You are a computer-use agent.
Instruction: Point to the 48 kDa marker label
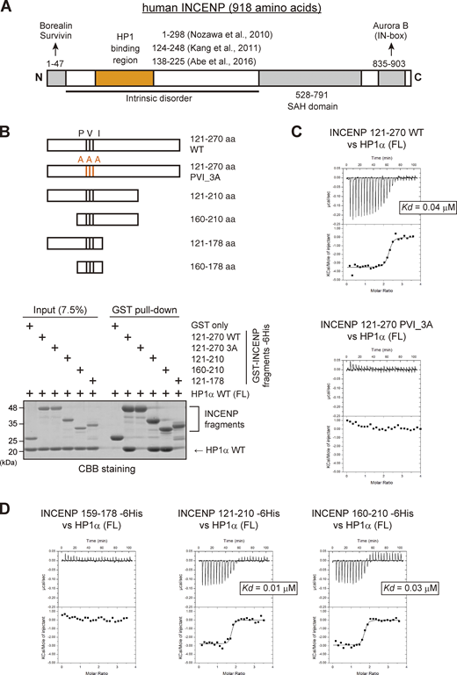click(x=15, y=407)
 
